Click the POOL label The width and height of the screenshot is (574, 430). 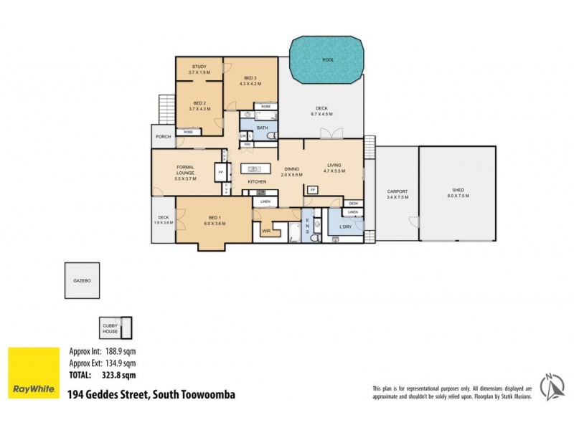click(328, 60)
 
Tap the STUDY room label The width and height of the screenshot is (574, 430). click(199, 70)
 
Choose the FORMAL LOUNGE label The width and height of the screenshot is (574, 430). click(186, 170)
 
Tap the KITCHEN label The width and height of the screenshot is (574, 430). click(257, 182)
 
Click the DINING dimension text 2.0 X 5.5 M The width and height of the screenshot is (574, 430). click(291, 175)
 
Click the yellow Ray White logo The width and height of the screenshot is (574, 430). click(33, 373)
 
